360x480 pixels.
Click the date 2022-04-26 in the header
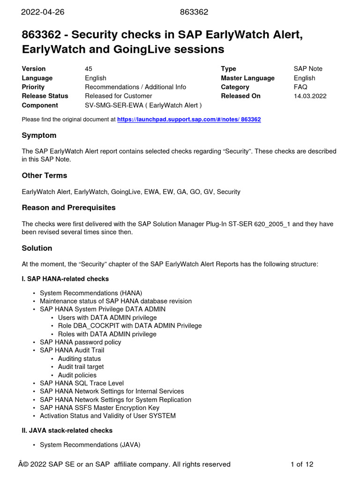pyautogui.click(x=42, y=12)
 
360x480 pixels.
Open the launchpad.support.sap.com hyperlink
pyautogui.click(x=189, y=120)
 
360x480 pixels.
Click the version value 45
pyautogui.click(x=89, y=69)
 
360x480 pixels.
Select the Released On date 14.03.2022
pyautogui.click(x=310, y=96)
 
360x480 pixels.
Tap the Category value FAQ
pyautogui.click(x=300, y=87)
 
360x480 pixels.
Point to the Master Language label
pyautogui.click(x=247, y=78)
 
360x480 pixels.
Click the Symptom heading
pyautogui.click(x=39, y=135)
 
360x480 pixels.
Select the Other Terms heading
pyautogui.click(x=45, y=176)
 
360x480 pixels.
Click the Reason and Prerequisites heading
pyautogui.click(x=68, y=208)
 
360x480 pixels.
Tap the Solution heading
pyautogui.click(x=37, y=248)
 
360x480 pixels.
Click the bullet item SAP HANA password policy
pyautogui.click(x=81, y=342)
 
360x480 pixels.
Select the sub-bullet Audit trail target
pyautogui.click(x=81, y=367)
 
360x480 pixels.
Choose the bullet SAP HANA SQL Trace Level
pyautogui.click(x=82, y=383)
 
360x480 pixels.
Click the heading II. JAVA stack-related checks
pyautogui.click(x=67, y=430)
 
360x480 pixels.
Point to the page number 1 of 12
pyautogui.click(x=302, y=465)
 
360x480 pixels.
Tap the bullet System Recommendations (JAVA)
pyautogui.click(x=90, y=445)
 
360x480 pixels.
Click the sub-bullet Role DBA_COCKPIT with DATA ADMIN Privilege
pyautogui.click(x=130, y=326)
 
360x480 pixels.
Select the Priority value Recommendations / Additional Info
pyautogui.click(x=135, y=87)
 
